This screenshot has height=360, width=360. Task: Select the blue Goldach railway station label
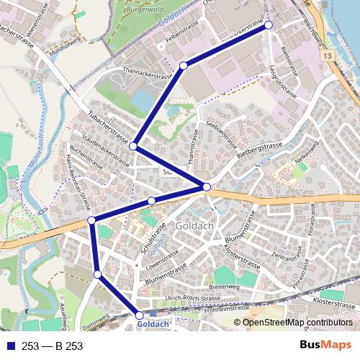[153, 325]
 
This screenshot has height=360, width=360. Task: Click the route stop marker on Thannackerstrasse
[184, 66]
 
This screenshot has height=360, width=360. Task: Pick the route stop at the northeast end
[269, 25]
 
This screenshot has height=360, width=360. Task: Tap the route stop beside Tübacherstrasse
[133, 146]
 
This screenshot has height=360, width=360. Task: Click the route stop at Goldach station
[139, 315]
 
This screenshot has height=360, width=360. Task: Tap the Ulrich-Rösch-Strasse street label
[192, 299]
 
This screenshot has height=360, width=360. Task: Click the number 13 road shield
[328, 55]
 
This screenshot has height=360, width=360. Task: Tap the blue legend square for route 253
[11, 346]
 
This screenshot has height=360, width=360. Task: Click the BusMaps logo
[326, 346]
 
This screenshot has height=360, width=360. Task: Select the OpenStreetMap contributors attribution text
[297, 323]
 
